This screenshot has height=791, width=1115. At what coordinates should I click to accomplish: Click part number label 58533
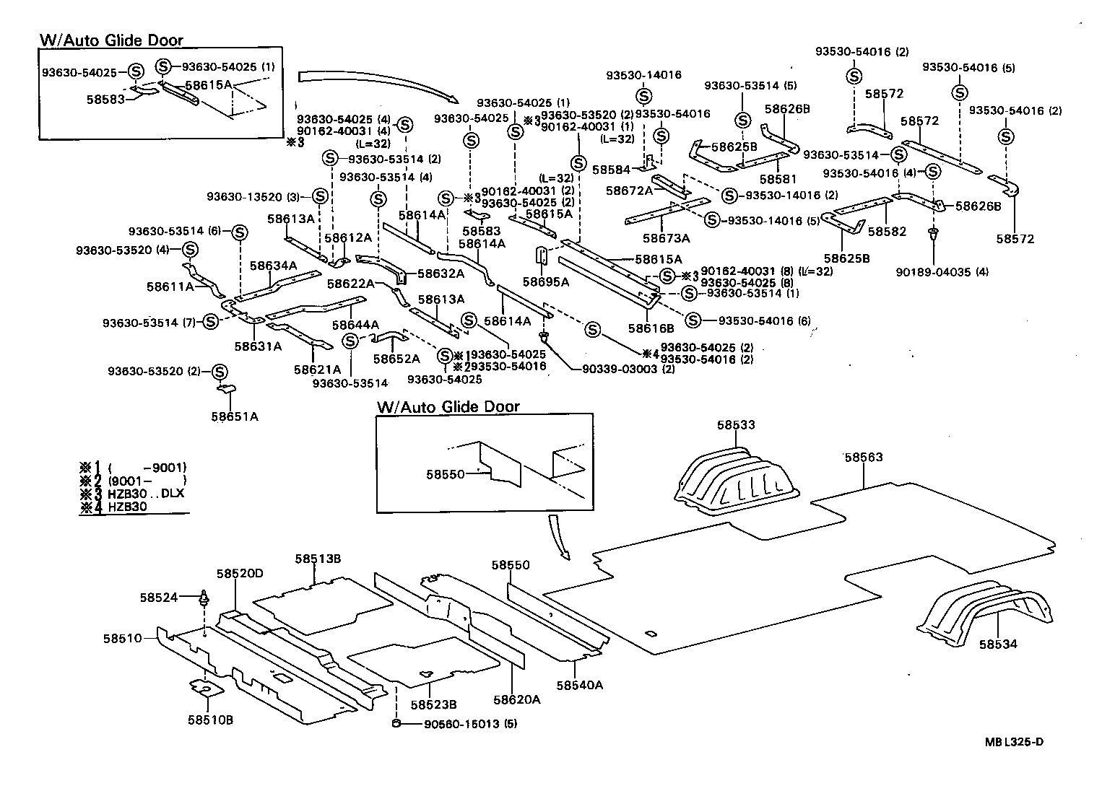[736, 425]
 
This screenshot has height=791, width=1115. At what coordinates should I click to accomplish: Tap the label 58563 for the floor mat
[864, 457]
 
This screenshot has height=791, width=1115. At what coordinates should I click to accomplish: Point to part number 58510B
[209, 720]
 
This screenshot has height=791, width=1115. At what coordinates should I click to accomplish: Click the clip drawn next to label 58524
[205, 597]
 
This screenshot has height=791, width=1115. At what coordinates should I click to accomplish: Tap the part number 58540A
[579, 684]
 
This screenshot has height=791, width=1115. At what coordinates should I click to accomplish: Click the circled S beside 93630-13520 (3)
[320, 197]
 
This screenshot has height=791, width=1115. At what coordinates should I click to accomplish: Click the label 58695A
[546, 282]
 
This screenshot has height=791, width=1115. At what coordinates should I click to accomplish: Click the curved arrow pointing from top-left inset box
[376, 83]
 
